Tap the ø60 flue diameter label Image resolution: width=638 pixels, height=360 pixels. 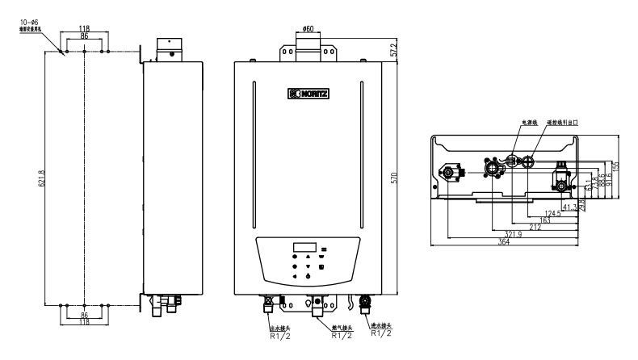pos(309,30)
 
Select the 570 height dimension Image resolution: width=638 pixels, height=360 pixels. pos(395,178)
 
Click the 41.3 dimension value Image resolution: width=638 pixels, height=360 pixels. pos(569,207)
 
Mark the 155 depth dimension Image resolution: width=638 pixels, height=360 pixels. pos(615,165)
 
